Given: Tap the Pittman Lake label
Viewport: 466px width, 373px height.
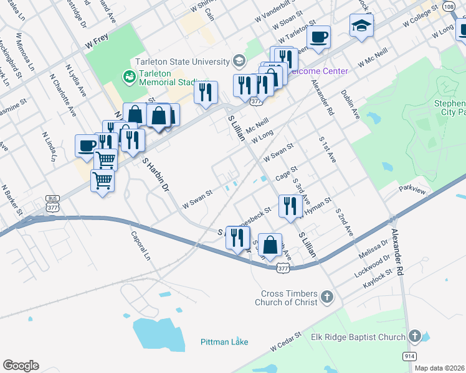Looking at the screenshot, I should coord(224,342).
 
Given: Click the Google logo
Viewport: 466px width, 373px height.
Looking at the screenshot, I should coord(21,366).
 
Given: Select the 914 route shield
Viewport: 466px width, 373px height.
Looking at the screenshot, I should coord(409,356).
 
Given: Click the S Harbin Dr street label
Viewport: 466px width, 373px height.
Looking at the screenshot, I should coord(156,174).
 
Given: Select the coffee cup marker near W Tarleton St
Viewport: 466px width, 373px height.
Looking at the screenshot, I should coord(318,37).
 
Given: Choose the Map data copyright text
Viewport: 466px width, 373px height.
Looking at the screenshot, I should coord(440,368).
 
